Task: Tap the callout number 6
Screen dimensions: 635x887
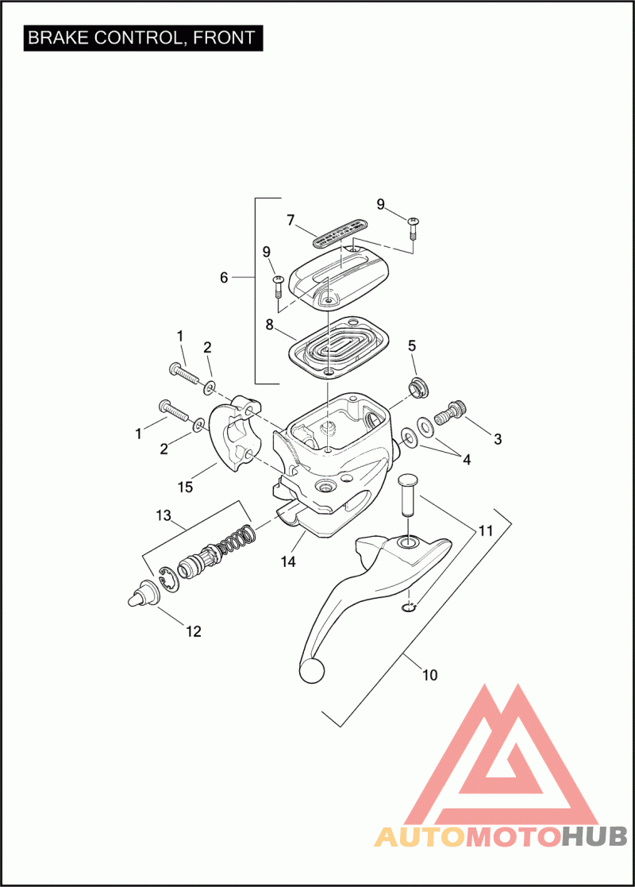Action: click(x=224, y=278)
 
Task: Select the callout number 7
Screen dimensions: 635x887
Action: click(x=291, y=218)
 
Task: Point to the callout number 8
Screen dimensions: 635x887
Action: click(x=269, y=324)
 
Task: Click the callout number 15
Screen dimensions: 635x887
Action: click(x=185, y=487)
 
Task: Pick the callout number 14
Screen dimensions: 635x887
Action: click(x=288, y=561)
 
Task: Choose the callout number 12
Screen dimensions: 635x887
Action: click(x=194, y=632)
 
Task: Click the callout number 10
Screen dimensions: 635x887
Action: click(x=429, y=676)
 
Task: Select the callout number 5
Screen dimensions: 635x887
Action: click(x=412, y=345)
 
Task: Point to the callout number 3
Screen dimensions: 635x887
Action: click(x=498, y=438)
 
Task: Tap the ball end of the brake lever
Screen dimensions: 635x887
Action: click(x=311, y=670)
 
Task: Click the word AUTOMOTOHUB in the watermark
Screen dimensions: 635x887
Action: click(x=501, y=837)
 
